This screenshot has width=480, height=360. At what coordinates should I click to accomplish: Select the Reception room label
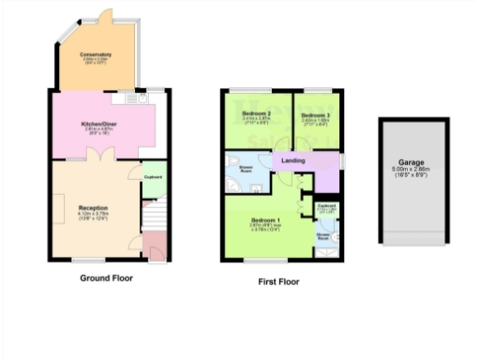(92, 207)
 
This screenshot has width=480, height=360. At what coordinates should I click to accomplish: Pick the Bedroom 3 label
(314, 113)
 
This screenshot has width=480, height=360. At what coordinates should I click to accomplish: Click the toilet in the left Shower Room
(254, 185)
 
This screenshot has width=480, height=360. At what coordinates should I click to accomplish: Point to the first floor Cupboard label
(327, 205)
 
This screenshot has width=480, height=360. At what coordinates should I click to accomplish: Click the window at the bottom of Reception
(90, 260)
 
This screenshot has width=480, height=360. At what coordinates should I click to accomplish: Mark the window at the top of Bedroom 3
(316, 90)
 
